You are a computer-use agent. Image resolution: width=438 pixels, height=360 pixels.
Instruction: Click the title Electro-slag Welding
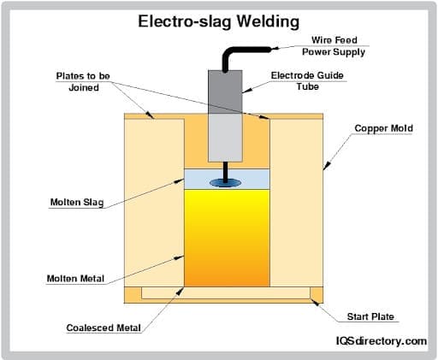tap(219, 21)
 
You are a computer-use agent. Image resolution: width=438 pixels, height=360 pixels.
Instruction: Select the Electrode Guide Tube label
tap(307, 80)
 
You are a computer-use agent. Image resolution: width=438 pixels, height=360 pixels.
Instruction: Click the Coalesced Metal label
tap(104, 328)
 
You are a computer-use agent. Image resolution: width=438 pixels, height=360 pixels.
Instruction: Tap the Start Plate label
tap(370, 317)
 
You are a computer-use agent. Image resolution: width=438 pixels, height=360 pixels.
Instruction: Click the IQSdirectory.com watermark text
tap(379, 341)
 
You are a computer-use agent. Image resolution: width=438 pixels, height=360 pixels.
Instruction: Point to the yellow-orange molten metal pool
tap(228, 239)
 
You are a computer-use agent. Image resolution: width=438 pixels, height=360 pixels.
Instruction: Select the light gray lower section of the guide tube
tap(226, 137)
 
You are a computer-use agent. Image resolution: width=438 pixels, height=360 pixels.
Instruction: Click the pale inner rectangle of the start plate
tap(226, 293)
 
